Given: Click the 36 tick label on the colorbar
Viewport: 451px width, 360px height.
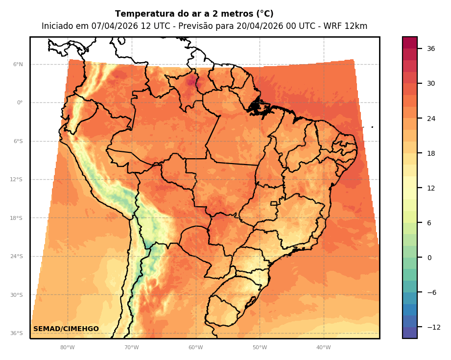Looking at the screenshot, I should (x=431, y=48).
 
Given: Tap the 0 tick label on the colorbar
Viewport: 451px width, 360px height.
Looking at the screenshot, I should (x=429, y=258).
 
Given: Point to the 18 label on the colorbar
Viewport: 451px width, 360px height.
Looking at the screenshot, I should (x=431, y=153).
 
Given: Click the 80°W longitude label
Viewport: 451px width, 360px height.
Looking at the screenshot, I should (x=67, y=348).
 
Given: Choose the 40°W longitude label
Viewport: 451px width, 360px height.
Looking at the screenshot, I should (x=323, y=348).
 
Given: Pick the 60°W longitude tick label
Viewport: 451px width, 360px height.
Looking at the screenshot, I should (x=195, y=348).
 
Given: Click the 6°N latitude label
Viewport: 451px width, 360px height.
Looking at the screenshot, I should (x=18, y=64).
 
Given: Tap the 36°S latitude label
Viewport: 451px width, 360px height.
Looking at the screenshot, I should (x=17, y=334).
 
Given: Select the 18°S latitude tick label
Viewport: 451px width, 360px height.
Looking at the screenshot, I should (x=17, y=218).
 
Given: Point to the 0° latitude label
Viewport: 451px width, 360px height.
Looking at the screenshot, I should (x=20, y=103).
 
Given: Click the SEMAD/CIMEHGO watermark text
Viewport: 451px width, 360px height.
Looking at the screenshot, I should (x=66, y=329).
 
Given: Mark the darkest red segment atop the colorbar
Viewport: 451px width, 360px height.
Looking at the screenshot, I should (x=410, y=43).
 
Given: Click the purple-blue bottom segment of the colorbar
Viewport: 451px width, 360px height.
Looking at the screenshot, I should (x=410, y=333).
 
